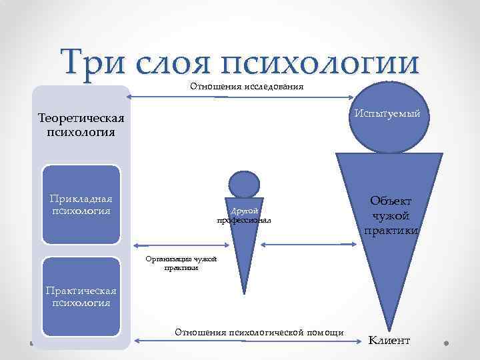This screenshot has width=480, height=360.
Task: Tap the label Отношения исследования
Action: [247, 86]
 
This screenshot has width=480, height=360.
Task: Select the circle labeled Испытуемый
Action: [387, 114]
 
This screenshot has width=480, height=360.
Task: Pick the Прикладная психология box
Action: [81, 204]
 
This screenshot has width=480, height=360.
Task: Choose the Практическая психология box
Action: [81, 296]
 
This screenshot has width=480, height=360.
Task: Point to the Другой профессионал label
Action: [243, 215]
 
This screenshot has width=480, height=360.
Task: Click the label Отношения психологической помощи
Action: [259, 332]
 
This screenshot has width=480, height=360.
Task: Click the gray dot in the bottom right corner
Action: [445, 345]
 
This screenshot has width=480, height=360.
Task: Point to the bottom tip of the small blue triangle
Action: [243, 294]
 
